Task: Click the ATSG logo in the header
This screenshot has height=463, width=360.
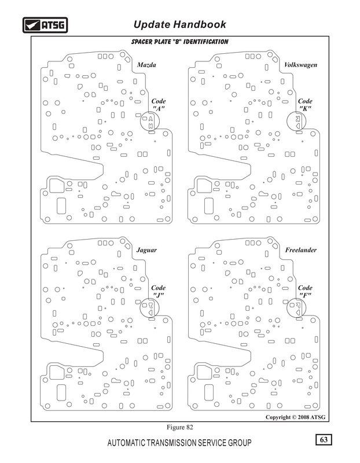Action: [x=45, y=25]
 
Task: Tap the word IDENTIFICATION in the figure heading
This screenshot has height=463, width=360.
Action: [x=206, y=42]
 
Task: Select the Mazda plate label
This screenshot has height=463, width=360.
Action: [x=146, y=65]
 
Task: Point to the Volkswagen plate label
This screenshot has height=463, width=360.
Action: [x=300, y=65]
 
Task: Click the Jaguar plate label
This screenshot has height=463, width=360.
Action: [x=146, y=250]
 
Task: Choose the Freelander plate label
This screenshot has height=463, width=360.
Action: [x=300, y=250]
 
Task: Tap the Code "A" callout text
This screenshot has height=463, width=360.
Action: [x=159, y=105]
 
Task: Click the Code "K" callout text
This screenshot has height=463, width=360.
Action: [x=305, y=105]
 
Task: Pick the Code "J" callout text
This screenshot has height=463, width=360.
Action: [x=158, y=291]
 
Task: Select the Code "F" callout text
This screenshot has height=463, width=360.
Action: [x=305, y=291]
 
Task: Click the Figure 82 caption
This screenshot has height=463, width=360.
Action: [x=180, y=427]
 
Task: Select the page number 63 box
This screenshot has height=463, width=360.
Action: [x=324, y=439]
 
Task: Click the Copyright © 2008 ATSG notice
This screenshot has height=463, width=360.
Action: [x=295, y=417]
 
